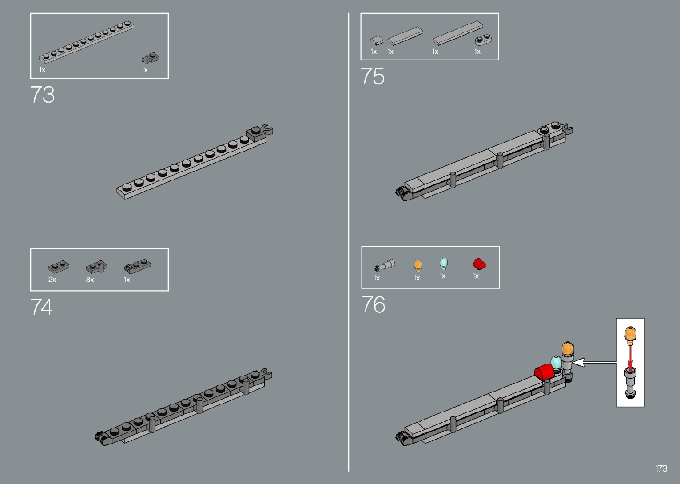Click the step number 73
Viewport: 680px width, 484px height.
click(43, 95)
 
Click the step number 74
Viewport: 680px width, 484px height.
click(41, 307)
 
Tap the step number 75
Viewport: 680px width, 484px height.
click(372, 76)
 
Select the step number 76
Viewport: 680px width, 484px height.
click(373, 305)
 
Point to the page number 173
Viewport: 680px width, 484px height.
click(661, 468)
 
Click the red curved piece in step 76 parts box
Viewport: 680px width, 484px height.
click(479, 264)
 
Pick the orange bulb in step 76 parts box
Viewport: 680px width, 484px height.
click(418, 265)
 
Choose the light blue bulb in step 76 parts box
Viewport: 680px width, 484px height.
click(444, 263)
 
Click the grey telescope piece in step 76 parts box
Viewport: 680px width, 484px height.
click(384, 265)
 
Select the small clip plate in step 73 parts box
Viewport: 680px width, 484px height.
click(151, 58)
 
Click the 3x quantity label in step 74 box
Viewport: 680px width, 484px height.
click(90, 280)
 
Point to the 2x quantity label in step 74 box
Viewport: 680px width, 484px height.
click(52, 280)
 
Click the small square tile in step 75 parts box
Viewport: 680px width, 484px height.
click(377, 41)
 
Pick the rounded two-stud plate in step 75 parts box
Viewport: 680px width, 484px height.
click(483, 40)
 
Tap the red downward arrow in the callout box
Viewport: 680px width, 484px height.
click(630, 355)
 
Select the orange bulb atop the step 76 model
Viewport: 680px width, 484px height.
click(568, 349)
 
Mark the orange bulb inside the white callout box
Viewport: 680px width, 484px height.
click(630, 334)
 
